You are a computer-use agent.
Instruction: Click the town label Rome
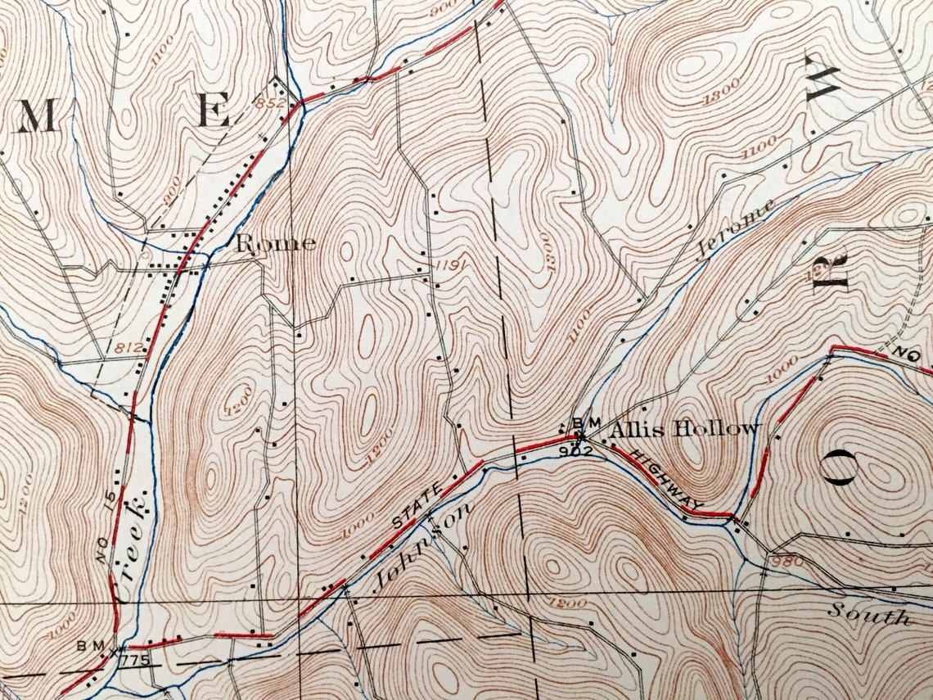276,243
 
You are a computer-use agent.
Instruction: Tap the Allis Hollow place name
684,428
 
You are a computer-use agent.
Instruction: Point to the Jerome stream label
735,229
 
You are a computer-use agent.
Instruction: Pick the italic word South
868,613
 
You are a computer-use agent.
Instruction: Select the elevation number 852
269,103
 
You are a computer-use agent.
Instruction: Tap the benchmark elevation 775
132,659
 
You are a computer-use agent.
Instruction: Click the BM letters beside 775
90,646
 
